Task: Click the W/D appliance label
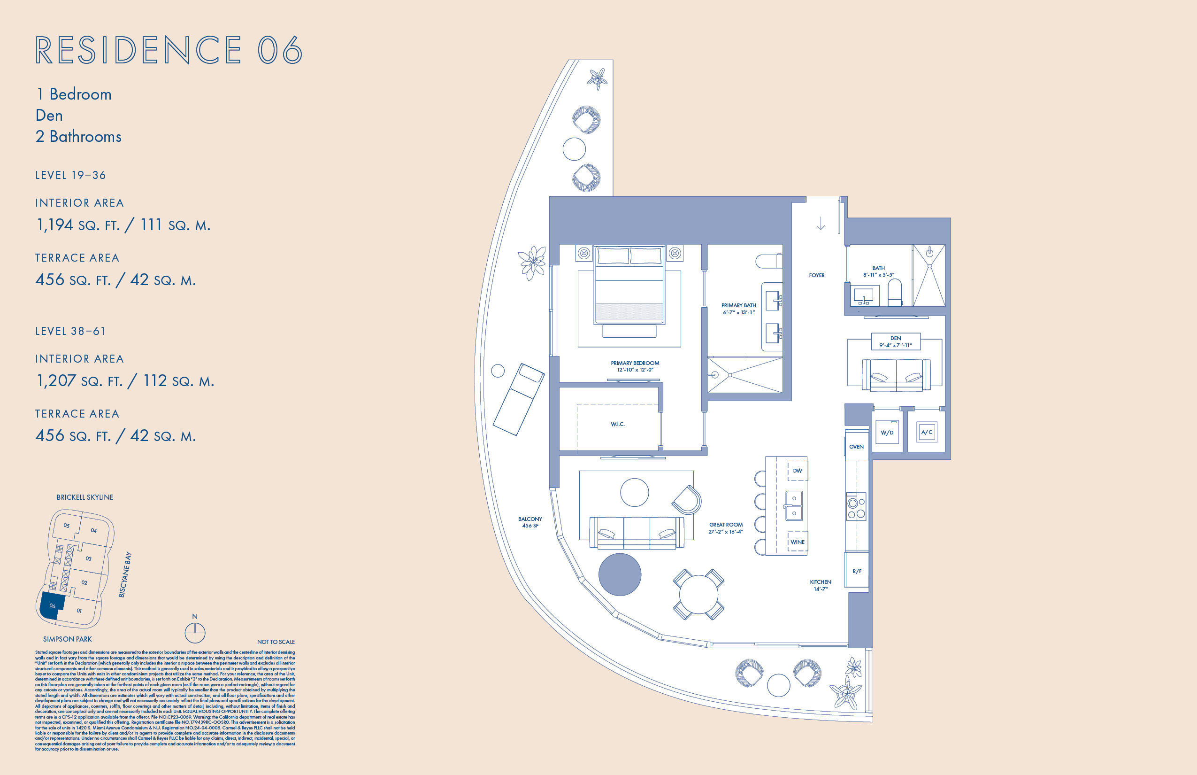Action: click(887, 433)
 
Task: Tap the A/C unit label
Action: click(927, 432)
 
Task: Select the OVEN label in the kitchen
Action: click(856, 447)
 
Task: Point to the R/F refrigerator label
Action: click(857, 571)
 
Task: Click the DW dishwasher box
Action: click(797, 471)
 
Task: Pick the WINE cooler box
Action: click(797, 542)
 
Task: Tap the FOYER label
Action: click(816, 275)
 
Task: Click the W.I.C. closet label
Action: click(618, 424)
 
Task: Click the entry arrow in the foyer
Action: click(821, 224)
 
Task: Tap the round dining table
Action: click(698, 594)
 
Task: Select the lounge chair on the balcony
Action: click(519, 399)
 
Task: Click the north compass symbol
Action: click(195, 633)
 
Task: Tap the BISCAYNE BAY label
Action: click(125, 575)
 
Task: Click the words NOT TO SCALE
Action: click(276, 642)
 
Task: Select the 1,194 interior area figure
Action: click(55, 225)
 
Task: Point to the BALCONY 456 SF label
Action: click(530, 522)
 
